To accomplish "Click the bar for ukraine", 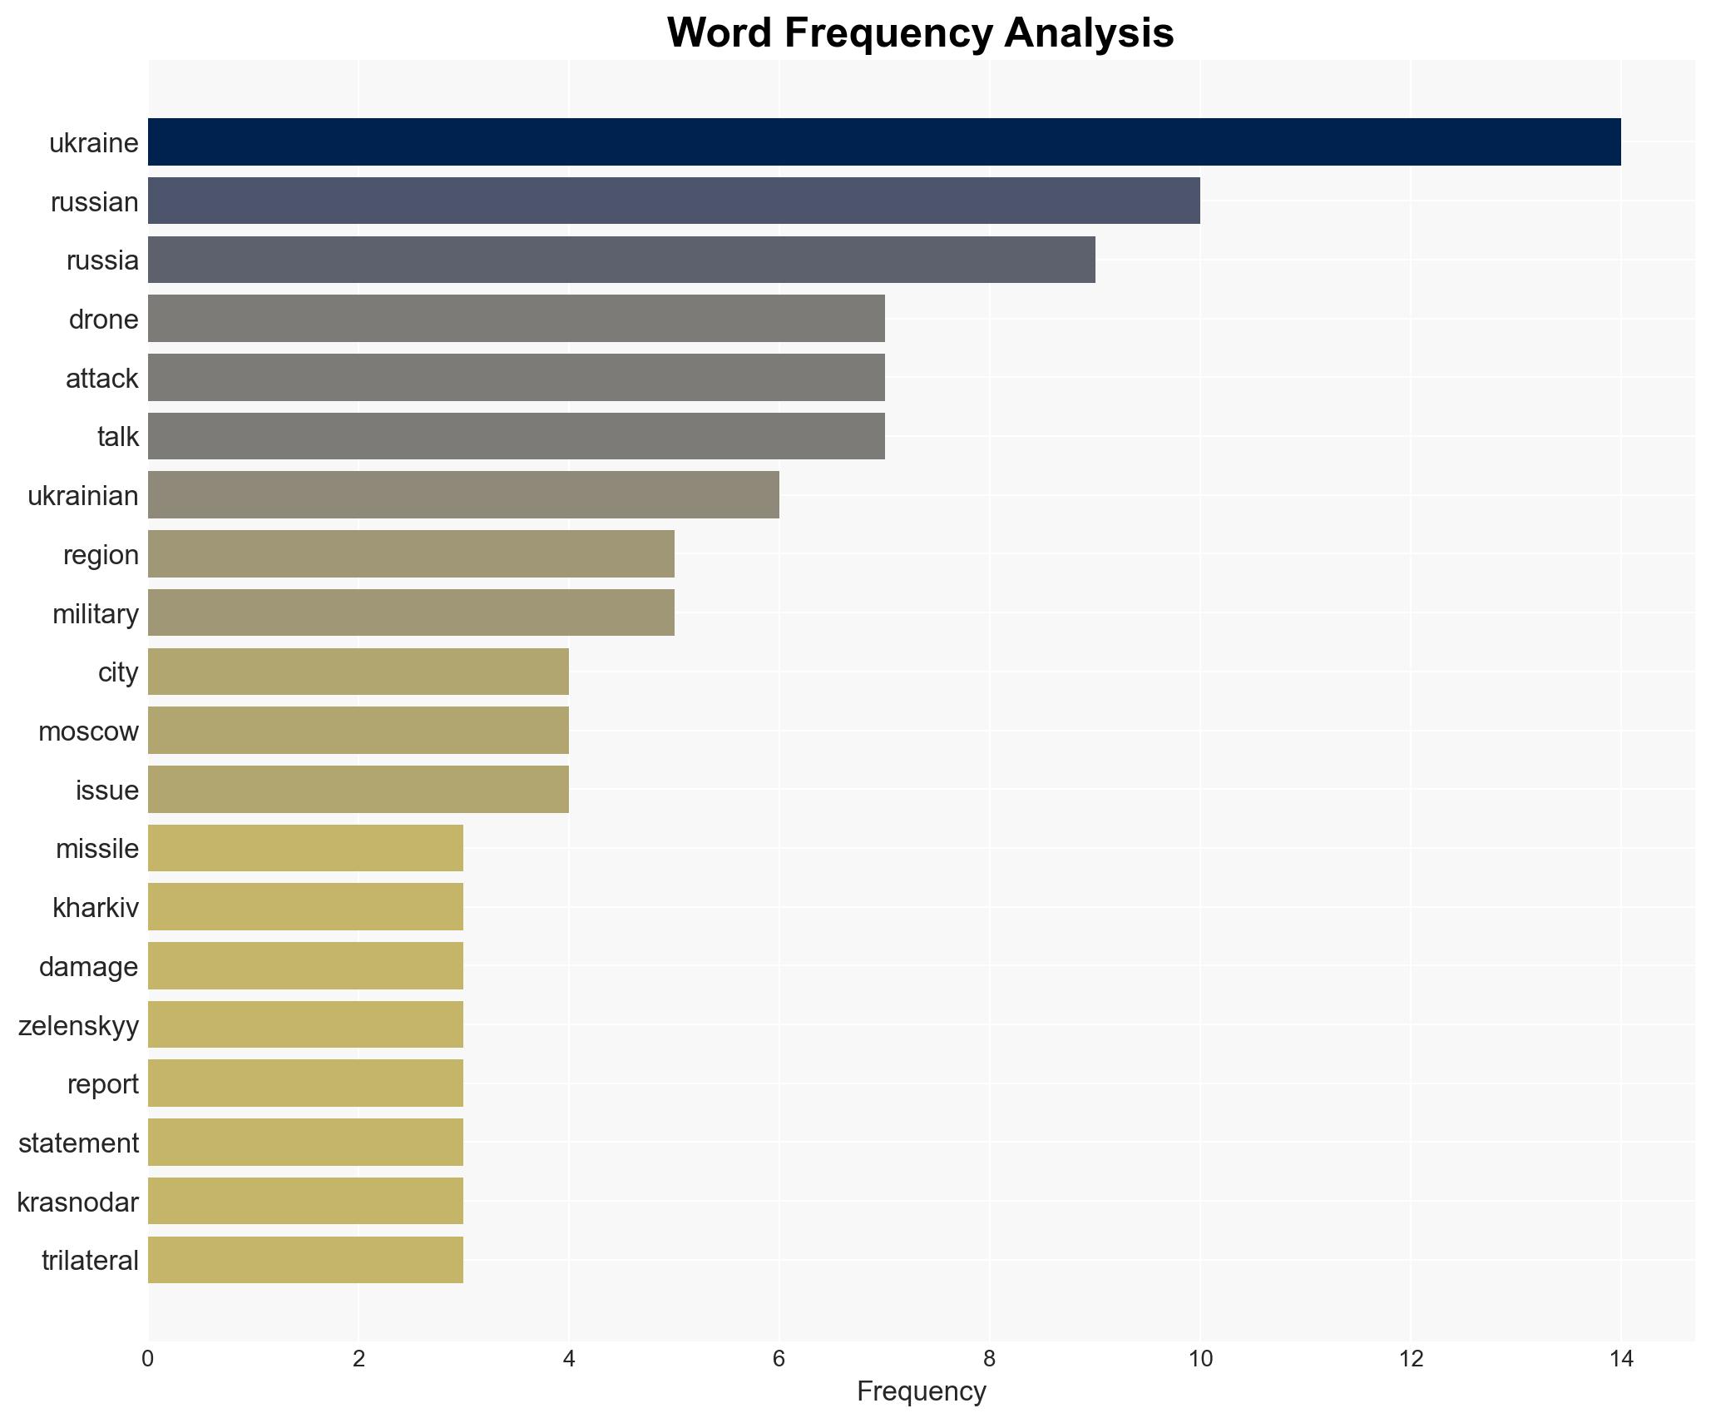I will click(x=884, y=142).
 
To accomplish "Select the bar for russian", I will click(x=674, y=201).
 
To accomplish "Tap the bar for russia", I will click(x=621, y=260).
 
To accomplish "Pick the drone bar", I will click(x=516, y=319).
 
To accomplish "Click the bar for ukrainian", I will click(x=463, y=495).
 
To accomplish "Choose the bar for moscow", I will click(x=358, y=731).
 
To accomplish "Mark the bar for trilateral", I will click(x=305, y=1260).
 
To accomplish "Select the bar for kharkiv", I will click(x=305, y=907).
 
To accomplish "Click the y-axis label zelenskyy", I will click(x=78, y=1025).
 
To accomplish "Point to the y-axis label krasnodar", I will click(x=77, y=1202).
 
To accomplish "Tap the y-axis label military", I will click(x=95, y=614).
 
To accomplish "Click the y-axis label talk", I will click(x=117, y=437).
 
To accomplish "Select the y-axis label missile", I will click(x=96, y=849).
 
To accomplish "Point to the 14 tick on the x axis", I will click(x=1621, y=1360).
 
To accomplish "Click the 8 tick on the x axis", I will click(x=990, y=1360).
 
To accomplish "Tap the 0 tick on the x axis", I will click(x=148, y=1360).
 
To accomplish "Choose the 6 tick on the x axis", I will click(x=779, y=1360).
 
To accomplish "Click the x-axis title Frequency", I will click(x=921, y=1391).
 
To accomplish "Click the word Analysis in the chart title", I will click(x=1088, y=33).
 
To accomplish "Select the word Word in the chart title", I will click(x=720, y=33).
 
